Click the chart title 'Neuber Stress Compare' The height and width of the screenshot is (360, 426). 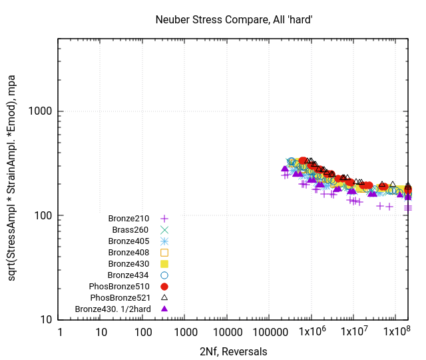pyautogui.click(x=234, y=20)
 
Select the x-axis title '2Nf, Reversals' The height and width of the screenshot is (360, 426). pyautogui.click(x=234, y=351)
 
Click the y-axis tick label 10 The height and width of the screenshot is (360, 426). pyautogui.click(x=45, y=319)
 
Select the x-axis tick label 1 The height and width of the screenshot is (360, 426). pyautogui.click(x=59, y=332)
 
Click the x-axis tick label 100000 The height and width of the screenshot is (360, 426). pyautogui.click(x=270, y=332)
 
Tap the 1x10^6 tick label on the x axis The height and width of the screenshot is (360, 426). pyautogui.click(x=312, y=332)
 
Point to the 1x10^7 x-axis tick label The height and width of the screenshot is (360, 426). pyautogui.click(x=353, y=332)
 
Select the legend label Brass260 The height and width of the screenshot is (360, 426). pyautogui.click(x=132, y=229)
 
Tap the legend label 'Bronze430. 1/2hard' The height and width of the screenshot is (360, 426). pyautogui.click(x=113, y=309)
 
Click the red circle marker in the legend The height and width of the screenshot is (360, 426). pyautogui.click(x=164, y=286)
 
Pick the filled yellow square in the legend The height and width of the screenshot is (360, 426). pyautogui.click(x=164, y=263)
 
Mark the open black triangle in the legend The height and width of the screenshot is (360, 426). pyautogui.click(x=164, y=297)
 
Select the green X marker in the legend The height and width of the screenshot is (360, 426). pyautogui.click(x=164, y=229)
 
